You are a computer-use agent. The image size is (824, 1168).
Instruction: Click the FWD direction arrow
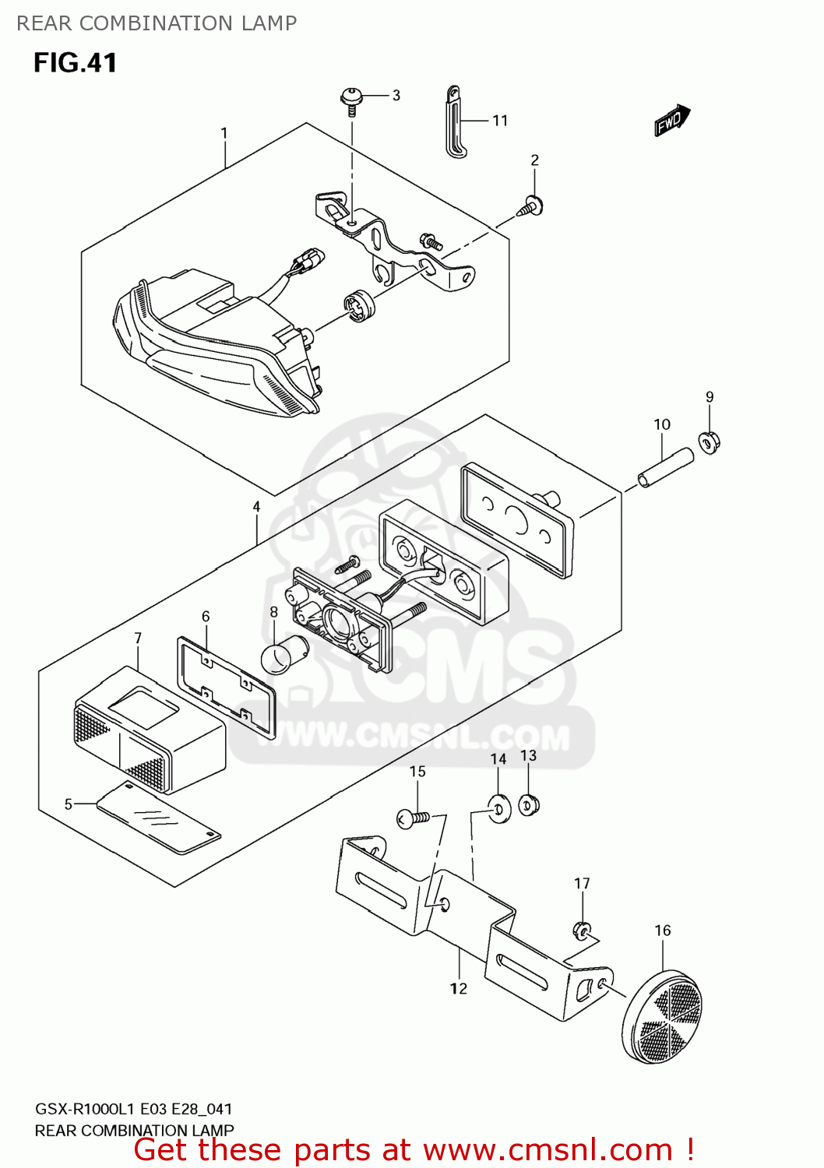point(672,121)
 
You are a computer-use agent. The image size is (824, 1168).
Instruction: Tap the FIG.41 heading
point(76,62)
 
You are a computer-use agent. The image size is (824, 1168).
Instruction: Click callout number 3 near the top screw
point(396,96)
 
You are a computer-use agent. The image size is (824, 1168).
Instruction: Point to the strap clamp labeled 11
point(455,122)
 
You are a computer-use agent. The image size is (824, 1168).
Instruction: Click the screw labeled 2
point(531,206)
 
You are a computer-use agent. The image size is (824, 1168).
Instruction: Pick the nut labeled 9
point(710,443)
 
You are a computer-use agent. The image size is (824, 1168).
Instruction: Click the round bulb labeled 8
point(284,656)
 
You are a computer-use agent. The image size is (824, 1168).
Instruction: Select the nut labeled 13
point(529,805)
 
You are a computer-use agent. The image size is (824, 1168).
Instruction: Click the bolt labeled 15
point(414,818)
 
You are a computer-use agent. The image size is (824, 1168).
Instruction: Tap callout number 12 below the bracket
point(459,989)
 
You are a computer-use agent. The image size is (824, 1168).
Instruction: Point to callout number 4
point(256,507)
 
